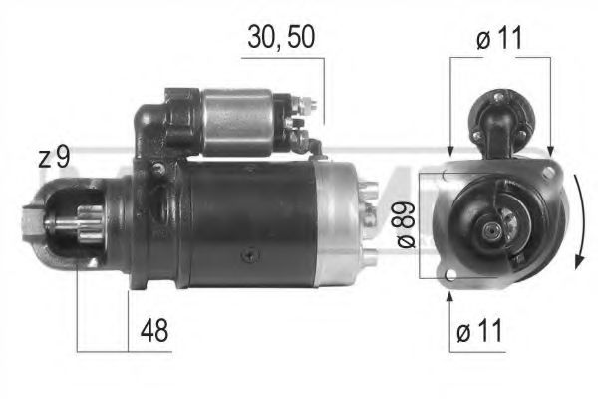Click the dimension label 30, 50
click(281, 41)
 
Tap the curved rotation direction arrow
click(577, 224)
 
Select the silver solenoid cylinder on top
click(239, 121)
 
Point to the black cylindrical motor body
click(249, 224)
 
